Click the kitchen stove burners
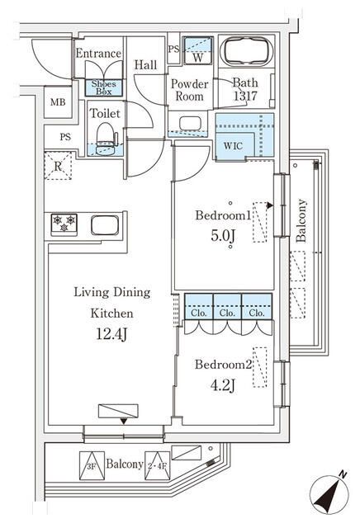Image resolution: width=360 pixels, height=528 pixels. (64, 223)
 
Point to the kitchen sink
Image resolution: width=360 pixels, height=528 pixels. (106, 224)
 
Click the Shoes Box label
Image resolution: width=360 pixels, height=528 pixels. (104, 87)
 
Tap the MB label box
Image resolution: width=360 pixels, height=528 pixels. (57, 103)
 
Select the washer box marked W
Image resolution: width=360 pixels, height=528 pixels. (197, 52)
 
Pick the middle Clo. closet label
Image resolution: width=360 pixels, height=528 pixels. (227, 313)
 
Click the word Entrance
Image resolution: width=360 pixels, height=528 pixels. (98, 54)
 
